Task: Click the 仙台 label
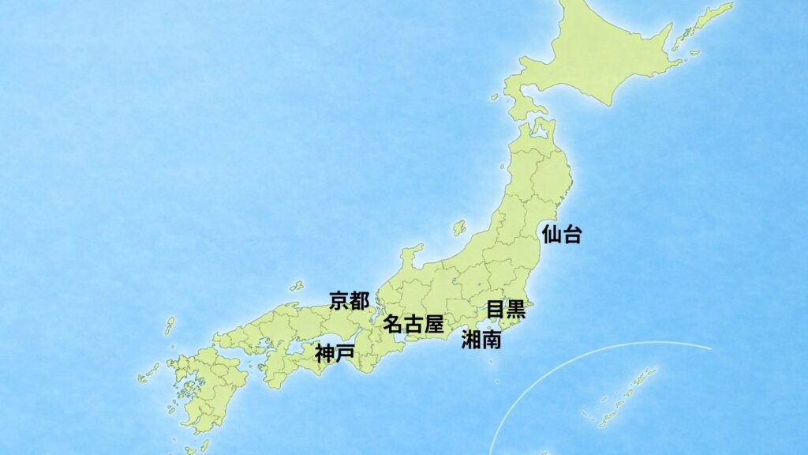tap(562, 234)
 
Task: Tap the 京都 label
tap(349, 300)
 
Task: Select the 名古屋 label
tap(413, 324)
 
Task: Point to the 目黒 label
tap(505, 309)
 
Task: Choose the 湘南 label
tap(481, 340)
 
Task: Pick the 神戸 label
tap(334, 354)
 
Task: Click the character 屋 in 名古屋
tap(433, 324)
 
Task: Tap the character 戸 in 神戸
tap(344, 354)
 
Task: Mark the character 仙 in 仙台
tap(552, 234)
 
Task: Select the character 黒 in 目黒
tap(515, 309)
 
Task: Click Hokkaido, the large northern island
tap(600, 55)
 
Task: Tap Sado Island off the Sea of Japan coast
tap(459, 228)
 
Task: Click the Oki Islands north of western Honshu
tap(297, 284)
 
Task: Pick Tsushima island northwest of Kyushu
tap(169, 325)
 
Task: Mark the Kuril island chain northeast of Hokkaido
tap(702, 24)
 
